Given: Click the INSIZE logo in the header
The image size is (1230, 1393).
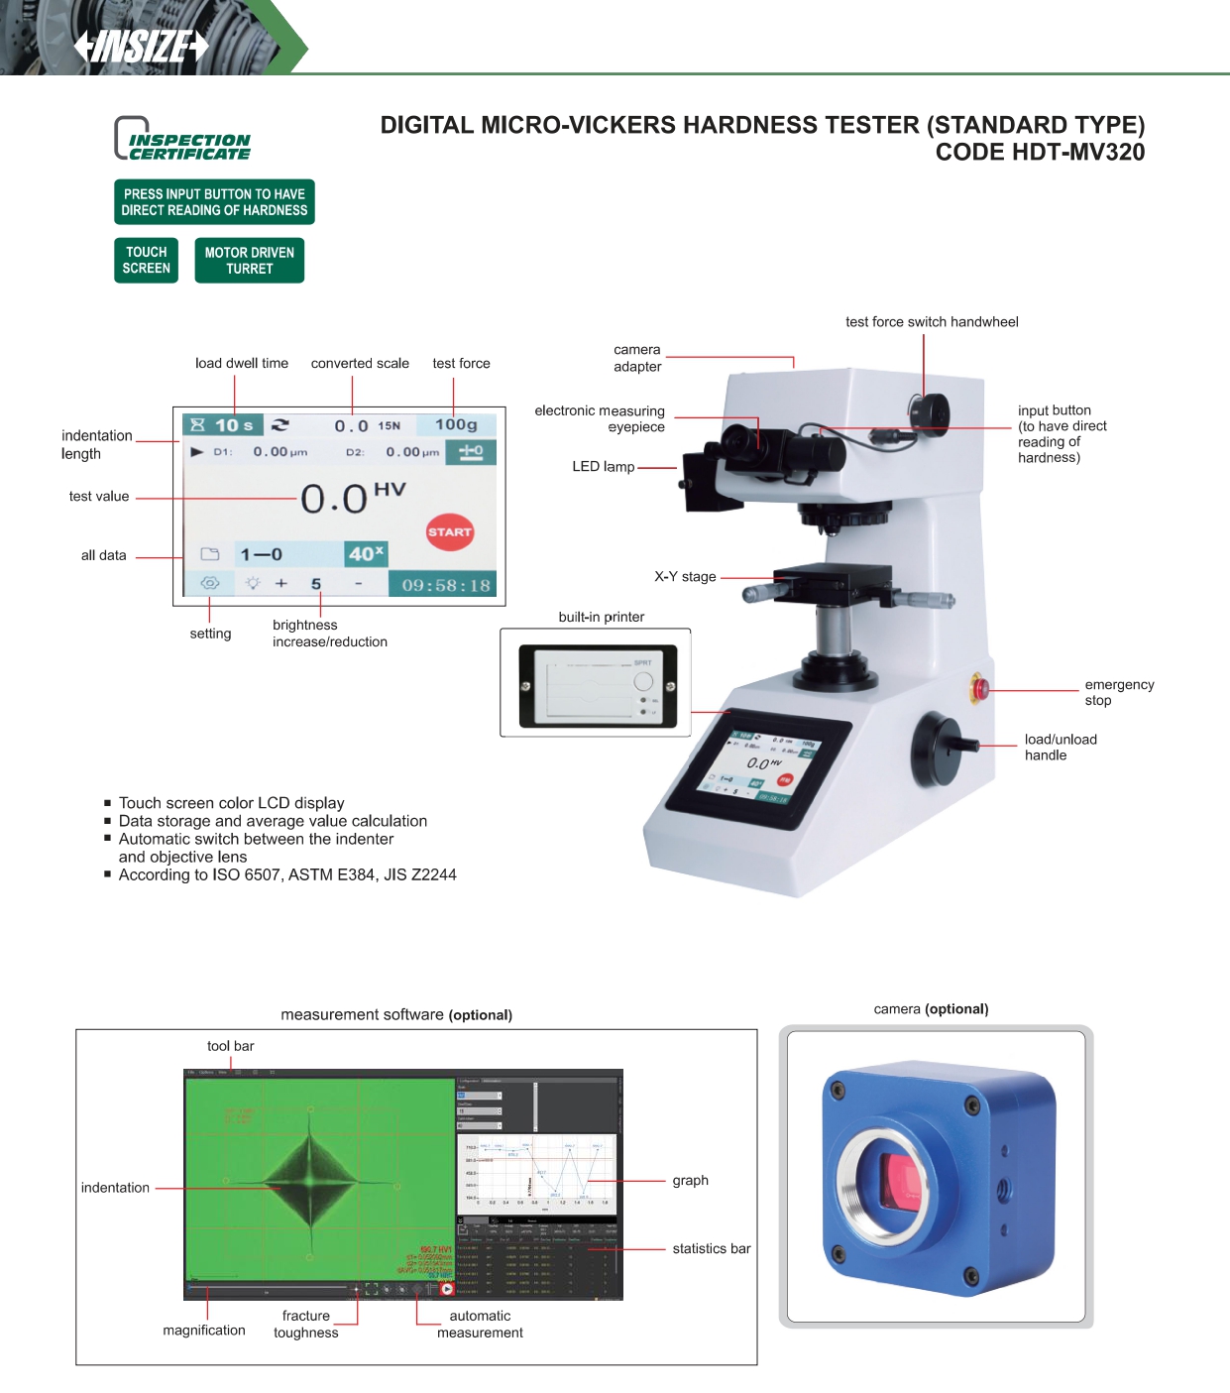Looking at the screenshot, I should click(x=142, y=46).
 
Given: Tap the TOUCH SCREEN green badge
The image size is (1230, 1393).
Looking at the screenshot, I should click(x=147, y=261).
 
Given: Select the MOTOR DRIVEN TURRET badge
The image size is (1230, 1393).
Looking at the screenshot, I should click(x=249, y=261).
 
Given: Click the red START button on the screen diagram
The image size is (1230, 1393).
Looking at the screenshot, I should click(x=449, y=532).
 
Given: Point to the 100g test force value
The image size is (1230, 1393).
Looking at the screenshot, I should click(x=456, y=425).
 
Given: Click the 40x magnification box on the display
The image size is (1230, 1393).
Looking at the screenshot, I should click(x=366, y=554).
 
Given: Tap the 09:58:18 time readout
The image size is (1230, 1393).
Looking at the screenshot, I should click(x=446, y=585).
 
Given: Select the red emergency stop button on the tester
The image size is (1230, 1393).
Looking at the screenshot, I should click(x=979, y=688).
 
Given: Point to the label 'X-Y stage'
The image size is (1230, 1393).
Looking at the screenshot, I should click(x=685, y=576).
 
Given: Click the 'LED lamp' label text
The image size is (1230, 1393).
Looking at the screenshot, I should click(x=603, y=466).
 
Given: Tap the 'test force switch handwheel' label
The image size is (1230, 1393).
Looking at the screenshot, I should click(x=932, y=322).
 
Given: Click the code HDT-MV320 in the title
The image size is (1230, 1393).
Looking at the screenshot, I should click(x=1040, y=153).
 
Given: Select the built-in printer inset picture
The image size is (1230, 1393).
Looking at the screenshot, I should click(x=596, y=684).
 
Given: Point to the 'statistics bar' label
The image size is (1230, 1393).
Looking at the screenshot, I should click(x=712, y=1249).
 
